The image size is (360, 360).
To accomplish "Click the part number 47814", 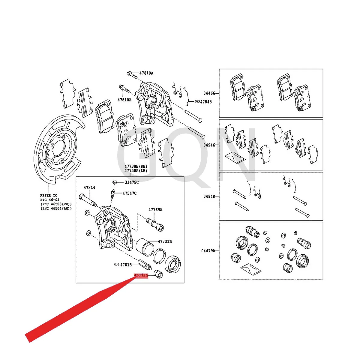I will pos(89,187).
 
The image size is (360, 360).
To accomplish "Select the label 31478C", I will pos(132,182).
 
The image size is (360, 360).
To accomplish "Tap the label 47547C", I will pos(129,193).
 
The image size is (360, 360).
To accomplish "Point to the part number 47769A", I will pos(155,210).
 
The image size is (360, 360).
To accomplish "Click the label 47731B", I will pos(165,241).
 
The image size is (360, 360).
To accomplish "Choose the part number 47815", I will pos(126,265).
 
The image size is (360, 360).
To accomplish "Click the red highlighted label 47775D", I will pos(141,275).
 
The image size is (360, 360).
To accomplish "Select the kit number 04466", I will pos(209,93).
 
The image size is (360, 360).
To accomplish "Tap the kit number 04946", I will pos(209,145).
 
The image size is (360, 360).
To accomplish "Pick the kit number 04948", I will pos(209,196).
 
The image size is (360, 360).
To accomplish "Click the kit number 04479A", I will pos(208,250).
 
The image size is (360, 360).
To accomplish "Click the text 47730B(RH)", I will pos(136,166).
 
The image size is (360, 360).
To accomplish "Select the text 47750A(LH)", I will pos(136,171).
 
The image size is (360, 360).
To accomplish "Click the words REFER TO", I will pos(49,195).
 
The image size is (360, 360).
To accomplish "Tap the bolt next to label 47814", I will pos(87,200).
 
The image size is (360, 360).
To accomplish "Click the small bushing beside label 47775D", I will pos(158,274).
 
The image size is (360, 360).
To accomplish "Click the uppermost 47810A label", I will pos(146,73).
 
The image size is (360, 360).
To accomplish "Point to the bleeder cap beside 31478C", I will pos(114,181).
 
